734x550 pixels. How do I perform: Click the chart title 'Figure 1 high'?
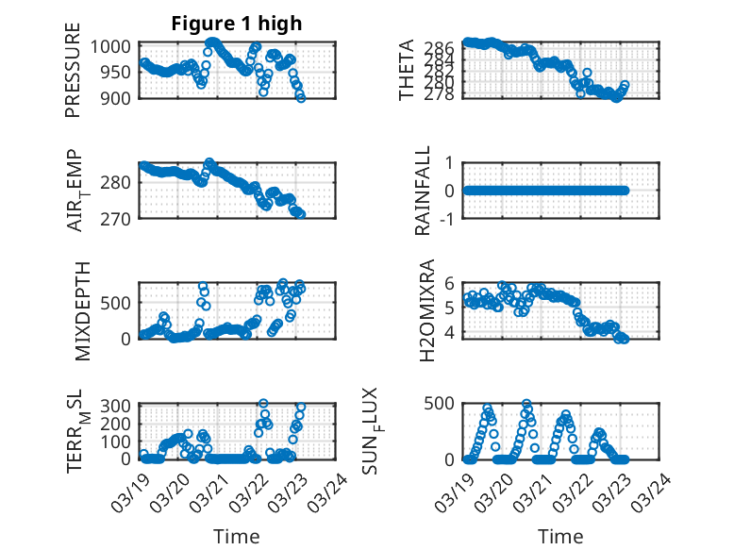pos(238,24)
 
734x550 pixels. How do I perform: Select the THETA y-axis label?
pos(407,71)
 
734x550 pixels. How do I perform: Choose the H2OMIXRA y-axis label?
pos(426,310)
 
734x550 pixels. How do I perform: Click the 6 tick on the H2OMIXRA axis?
pos(450,282)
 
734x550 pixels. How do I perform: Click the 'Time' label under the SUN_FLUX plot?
pos(560,537)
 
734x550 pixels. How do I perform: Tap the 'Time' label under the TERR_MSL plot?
pos(236,537)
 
